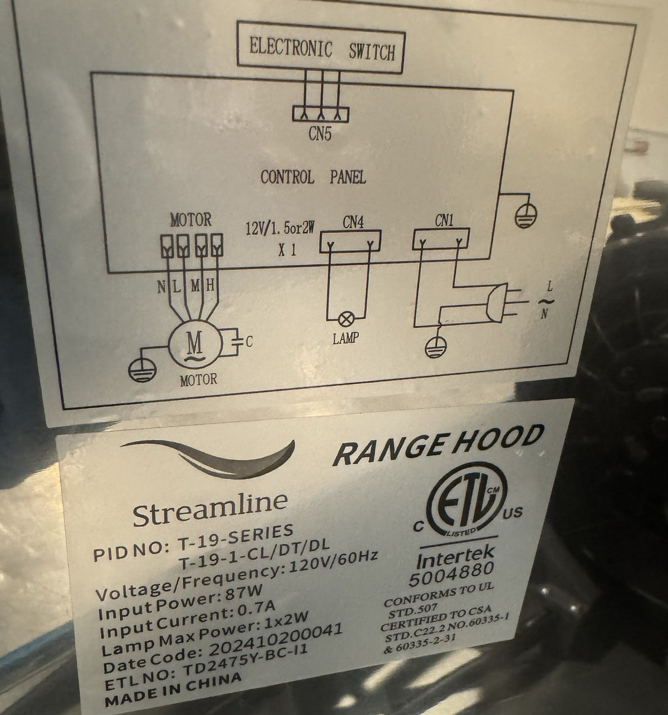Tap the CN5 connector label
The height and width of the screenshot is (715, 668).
[x=320, y=134]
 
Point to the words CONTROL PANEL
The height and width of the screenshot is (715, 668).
[x=313, y=177]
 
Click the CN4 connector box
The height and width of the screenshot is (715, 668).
[x=350, y=241]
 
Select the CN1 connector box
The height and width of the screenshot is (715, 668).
[x=441, y=239]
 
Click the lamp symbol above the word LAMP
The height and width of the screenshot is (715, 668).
[x=346, y=319]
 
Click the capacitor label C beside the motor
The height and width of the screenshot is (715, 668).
[x=249, y=342]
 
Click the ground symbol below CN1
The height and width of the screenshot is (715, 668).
[x=435, y=347]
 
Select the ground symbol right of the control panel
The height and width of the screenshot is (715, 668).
[x=526, y=216]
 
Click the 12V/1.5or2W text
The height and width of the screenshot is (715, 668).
[x=281, y=228]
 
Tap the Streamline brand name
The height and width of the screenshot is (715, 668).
[x=210, y=508]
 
